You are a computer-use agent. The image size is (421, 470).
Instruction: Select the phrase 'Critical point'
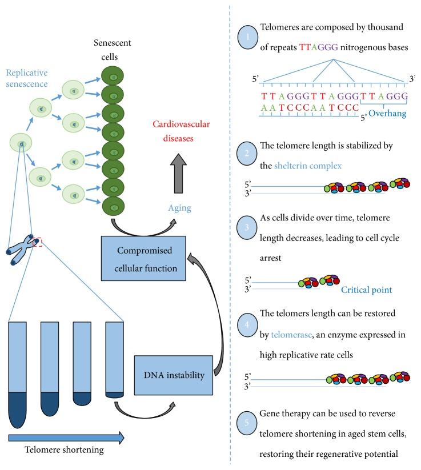pyautogui.click(x=366, y=290)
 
